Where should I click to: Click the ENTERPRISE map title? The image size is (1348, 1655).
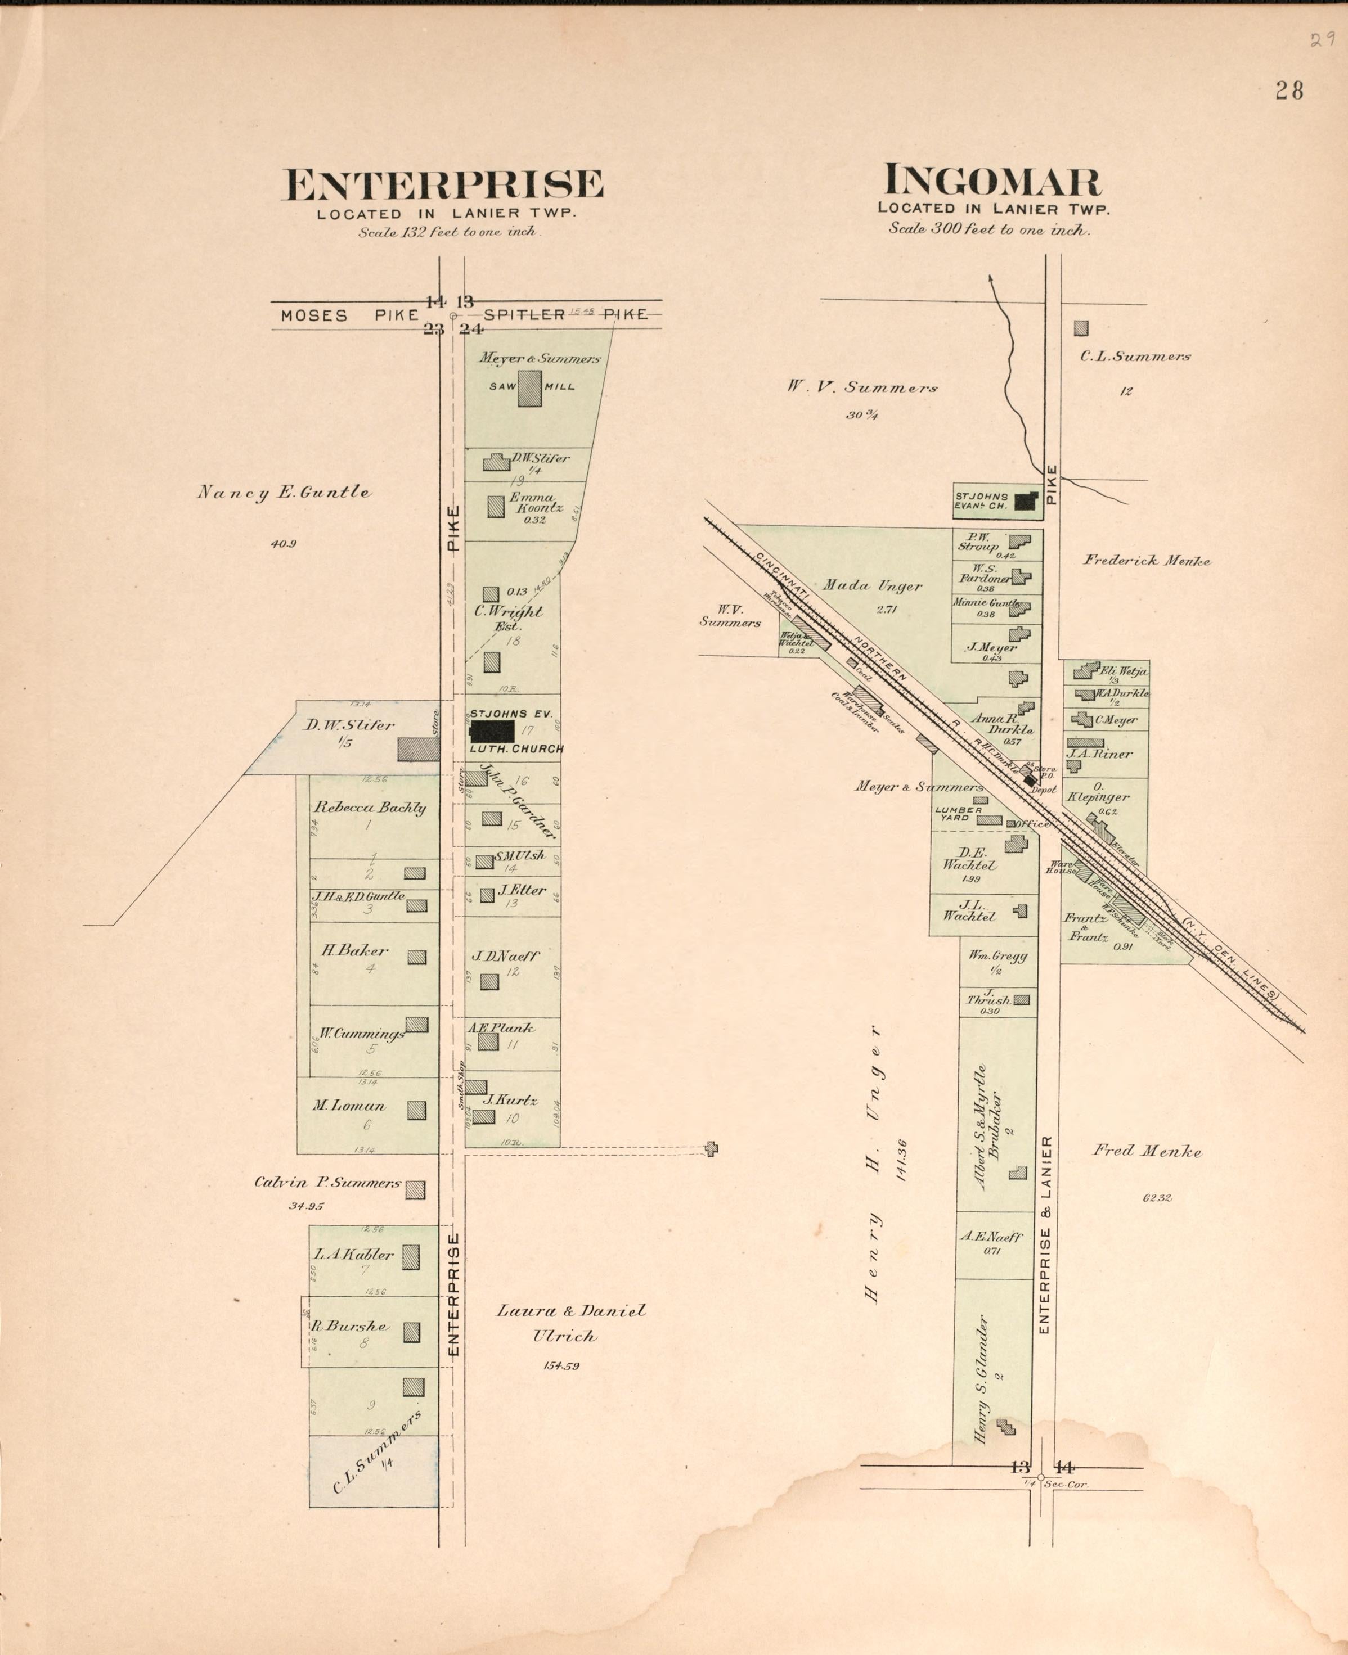pyautogui.click(x=443, y=186)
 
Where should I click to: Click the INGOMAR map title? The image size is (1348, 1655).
pyautogui.click(x=992, y=181)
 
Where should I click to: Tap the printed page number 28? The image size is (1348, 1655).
pyautogui.click(x=1288, y=91)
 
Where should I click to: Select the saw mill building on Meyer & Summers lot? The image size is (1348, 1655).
pyautogui.click(x=531, y=388)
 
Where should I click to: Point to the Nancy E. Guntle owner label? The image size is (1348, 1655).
pyautogui.click(x=284, y=492)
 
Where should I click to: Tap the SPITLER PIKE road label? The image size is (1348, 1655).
pyautogui.click(x=565, y=314)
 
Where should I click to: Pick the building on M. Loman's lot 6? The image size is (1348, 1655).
pyautogui.click(x=417, y=1110)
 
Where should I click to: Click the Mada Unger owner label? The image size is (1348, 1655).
pyautogui.click(x=872, y=586)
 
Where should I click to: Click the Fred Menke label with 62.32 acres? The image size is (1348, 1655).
pyautogui.click(x=1147, y=1151)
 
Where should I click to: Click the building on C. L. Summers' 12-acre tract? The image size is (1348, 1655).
pyautogui.click(x=1081, y=328)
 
